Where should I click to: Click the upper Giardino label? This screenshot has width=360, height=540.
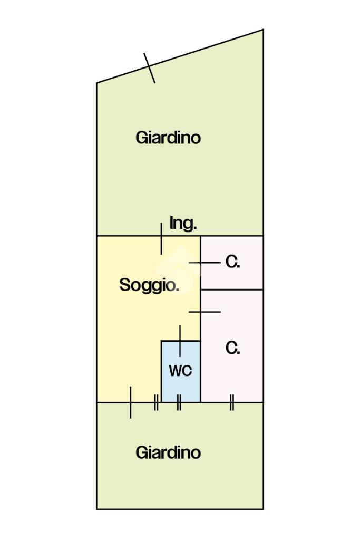tap(168, 138)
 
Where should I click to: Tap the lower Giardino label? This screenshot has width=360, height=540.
tap(168, 452)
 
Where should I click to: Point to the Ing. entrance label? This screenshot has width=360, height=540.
tap(183, 223)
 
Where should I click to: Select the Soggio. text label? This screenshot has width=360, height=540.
tap(149, 285)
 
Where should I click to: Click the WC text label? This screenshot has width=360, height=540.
tap(180, 371)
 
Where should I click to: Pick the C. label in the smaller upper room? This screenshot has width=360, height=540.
tap(233, 262)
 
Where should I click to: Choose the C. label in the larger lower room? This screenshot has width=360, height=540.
tap(233, 348)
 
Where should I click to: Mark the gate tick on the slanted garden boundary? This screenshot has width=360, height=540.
tap(150, 68)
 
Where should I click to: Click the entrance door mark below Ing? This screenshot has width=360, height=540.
tap(161, 238)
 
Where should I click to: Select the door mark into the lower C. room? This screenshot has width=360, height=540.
tap(205, 312)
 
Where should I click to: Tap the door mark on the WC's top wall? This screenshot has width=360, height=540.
tap(180, 341)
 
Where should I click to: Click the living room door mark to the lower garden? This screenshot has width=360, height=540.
tap(130, 402)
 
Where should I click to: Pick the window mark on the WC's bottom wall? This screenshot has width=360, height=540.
tap(179, 402)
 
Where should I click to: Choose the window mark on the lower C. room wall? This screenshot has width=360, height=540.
tap(231, 402)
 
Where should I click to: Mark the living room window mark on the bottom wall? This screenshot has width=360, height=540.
tap(156, 402)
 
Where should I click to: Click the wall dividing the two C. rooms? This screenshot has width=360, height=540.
tap(232, 290)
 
